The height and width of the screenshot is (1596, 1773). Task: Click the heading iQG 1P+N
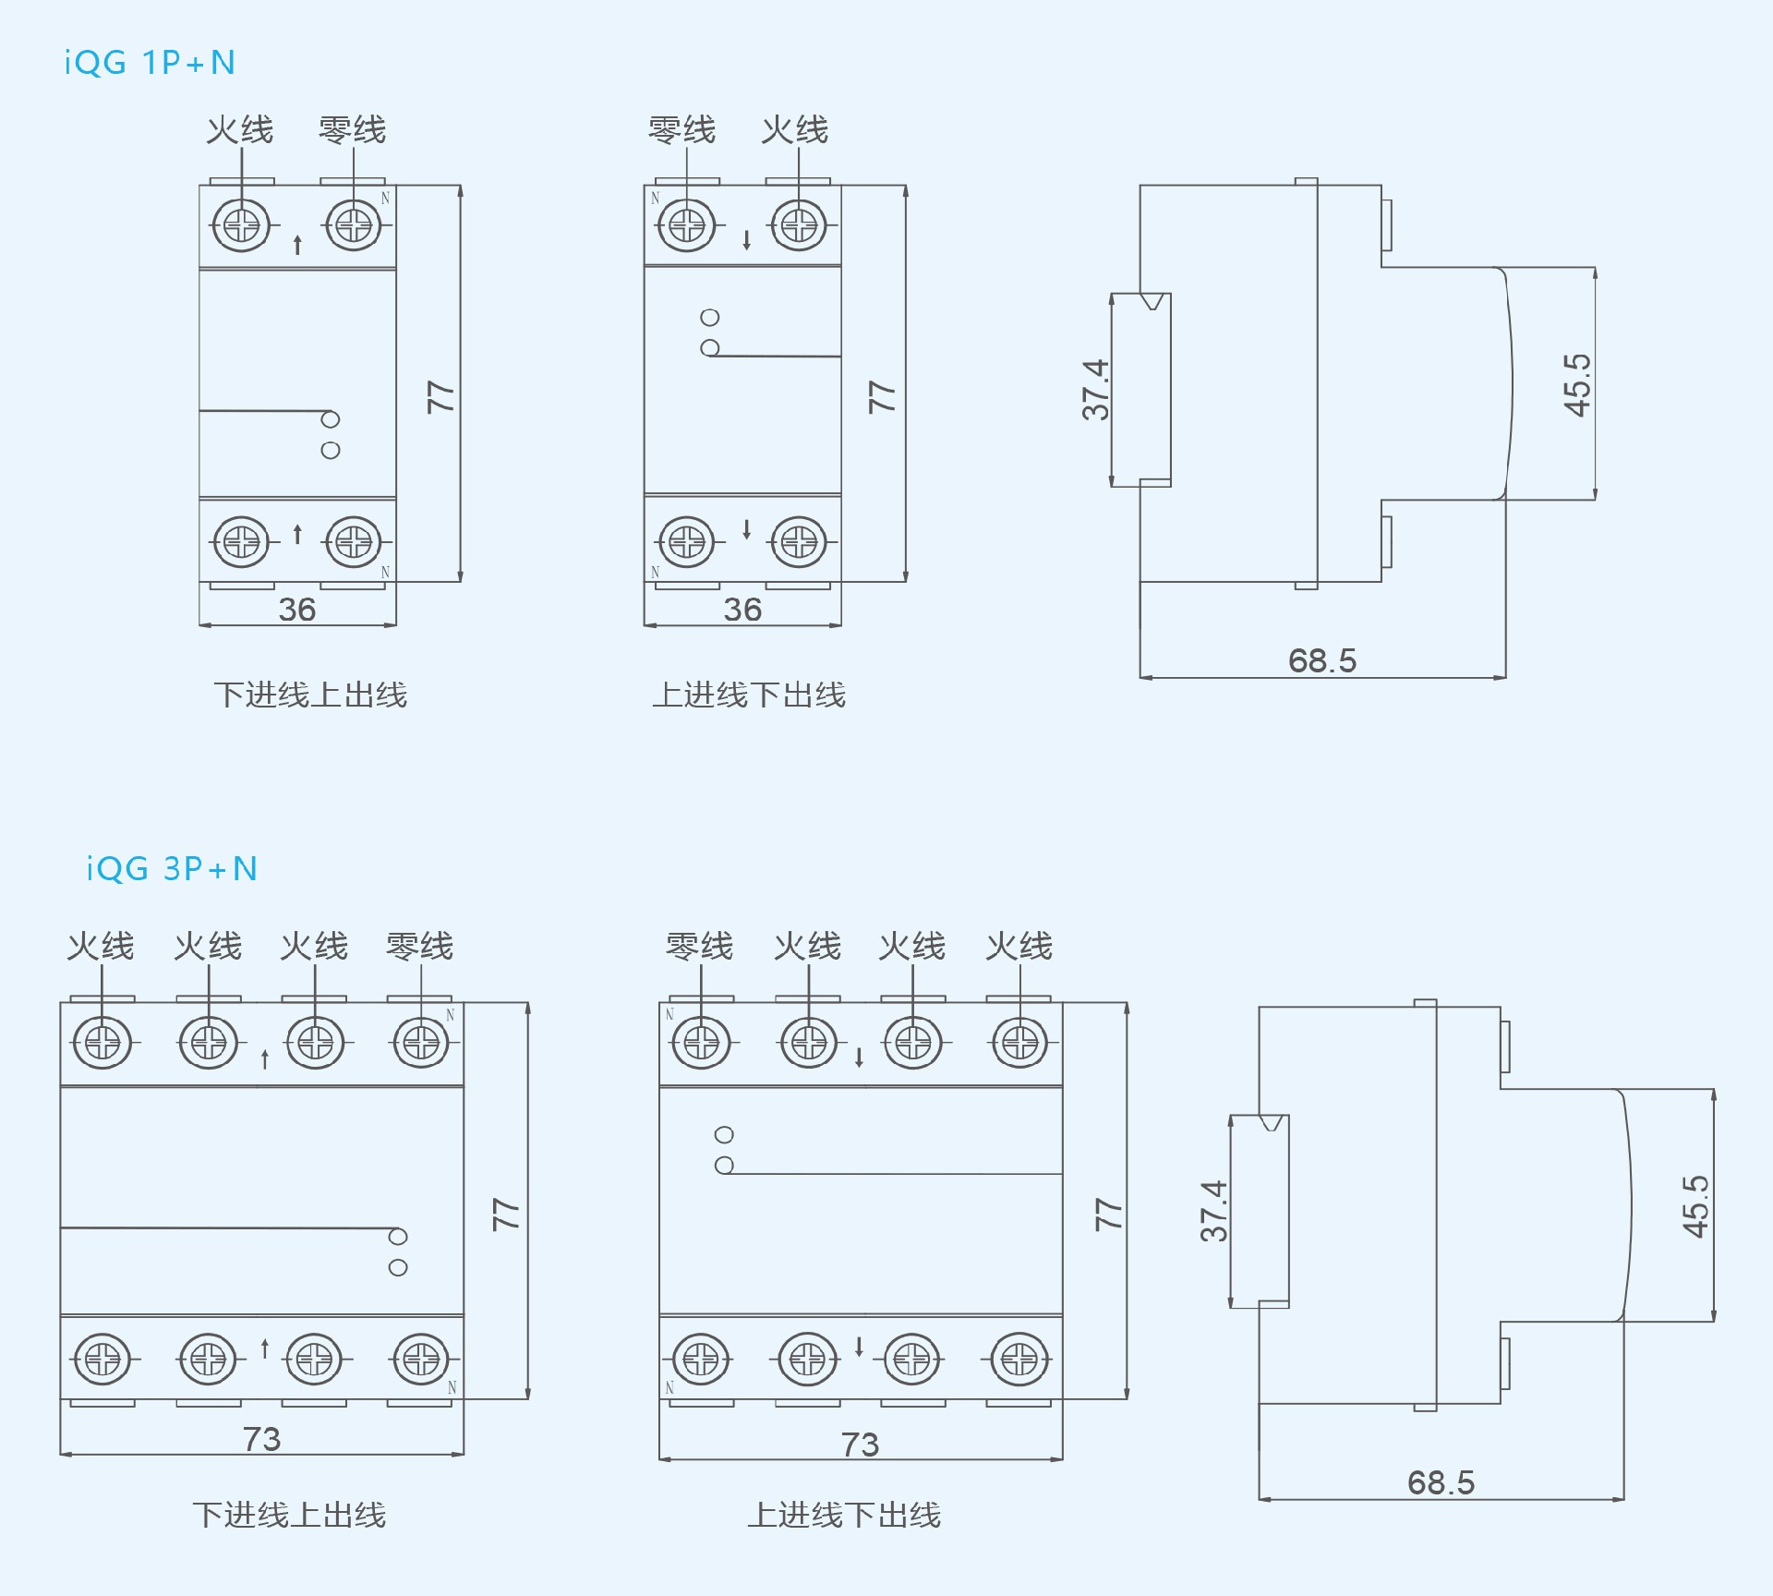pos(150,63)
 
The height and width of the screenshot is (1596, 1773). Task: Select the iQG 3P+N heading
pos(172,869)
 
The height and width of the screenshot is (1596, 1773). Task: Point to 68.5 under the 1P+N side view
pos(1321,660)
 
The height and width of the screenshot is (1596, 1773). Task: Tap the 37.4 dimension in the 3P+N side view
pos(1213,1210)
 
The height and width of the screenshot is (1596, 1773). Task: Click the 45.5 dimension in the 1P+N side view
pos(1576,384)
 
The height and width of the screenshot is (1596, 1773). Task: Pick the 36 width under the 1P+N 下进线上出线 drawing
pos(296,610)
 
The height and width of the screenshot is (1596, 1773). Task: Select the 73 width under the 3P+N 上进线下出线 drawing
pos(860,1445)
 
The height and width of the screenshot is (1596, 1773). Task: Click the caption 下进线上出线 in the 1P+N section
pos(310,695)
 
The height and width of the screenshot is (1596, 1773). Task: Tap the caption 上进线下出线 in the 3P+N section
pos(844,1515)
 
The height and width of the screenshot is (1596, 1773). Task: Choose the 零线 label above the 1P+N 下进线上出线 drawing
pos(352,130)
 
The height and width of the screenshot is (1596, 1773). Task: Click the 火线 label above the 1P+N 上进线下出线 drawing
pos(794,130)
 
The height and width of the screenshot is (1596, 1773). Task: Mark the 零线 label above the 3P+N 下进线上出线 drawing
pos(419,946)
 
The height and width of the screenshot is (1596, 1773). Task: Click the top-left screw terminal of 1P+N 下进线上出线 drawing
pos(242,224)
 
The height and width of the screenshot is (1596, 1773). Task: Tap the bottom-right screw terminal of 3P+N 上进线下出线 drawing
pos(1019,1359)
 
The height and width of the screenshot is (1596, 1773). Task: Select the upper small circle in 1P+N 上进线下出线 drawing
pos(709,318)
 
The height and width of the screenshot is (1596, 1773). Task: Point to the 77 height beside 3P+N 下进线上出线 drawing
pos(506,1214)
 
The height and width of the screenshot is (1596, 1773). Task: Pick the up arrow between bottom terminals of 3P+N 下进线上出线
pos(265,1348)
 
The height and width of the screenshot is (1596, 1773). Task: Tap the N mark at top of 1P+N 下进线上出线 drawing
pos(385,199)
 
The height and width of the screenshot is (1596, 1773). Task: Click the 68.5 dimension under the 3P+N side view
pos(1441,1482)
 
